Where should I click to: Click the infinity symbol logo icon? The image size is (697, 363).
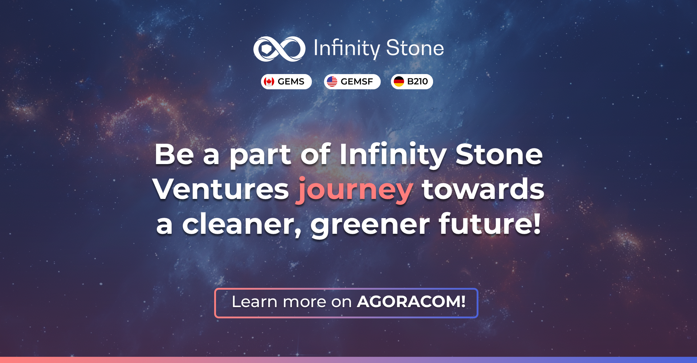coord(279,49)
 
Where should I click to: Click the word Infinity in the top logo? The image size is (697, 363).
coord(346,49)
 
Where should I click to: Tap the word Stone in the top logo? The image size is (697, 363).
coord(415,48)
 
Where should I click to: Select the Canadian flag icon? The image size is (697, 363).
coord(269,82)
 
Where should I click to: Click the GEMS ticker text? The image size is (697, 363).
coord(291,82)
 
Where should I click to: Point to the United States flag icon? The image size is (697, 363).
coord(332,82)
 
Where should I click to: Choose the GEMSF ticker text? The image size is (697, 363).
coord(356,82)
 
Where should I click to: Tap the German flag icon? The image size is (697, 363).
coord(399,82)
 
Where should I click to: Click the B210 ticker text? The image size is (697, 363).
coord(417,82)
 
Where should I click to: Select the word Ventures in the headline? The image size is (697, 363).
coord(221,189)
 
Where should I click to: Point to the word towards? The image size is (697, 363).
coord(483,189)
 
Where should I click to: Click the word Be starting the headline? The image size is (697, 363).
coord(174,154)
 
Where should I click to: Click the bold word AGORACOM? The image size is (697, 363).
coord(411,301)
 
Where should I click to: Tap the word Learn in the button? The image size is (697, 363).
coord(254,302)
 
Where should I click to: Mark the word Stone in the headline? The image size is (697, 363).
coord(499,154)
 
